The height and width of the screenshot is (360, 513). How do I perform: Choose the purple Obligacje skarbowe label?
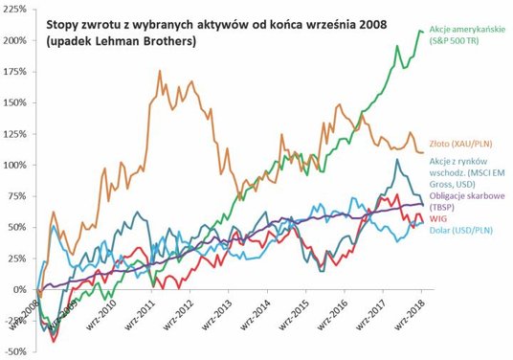[x=465, y=195]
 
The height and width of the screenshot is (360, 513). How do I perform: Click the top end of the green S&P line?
[x=419, y=31]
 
